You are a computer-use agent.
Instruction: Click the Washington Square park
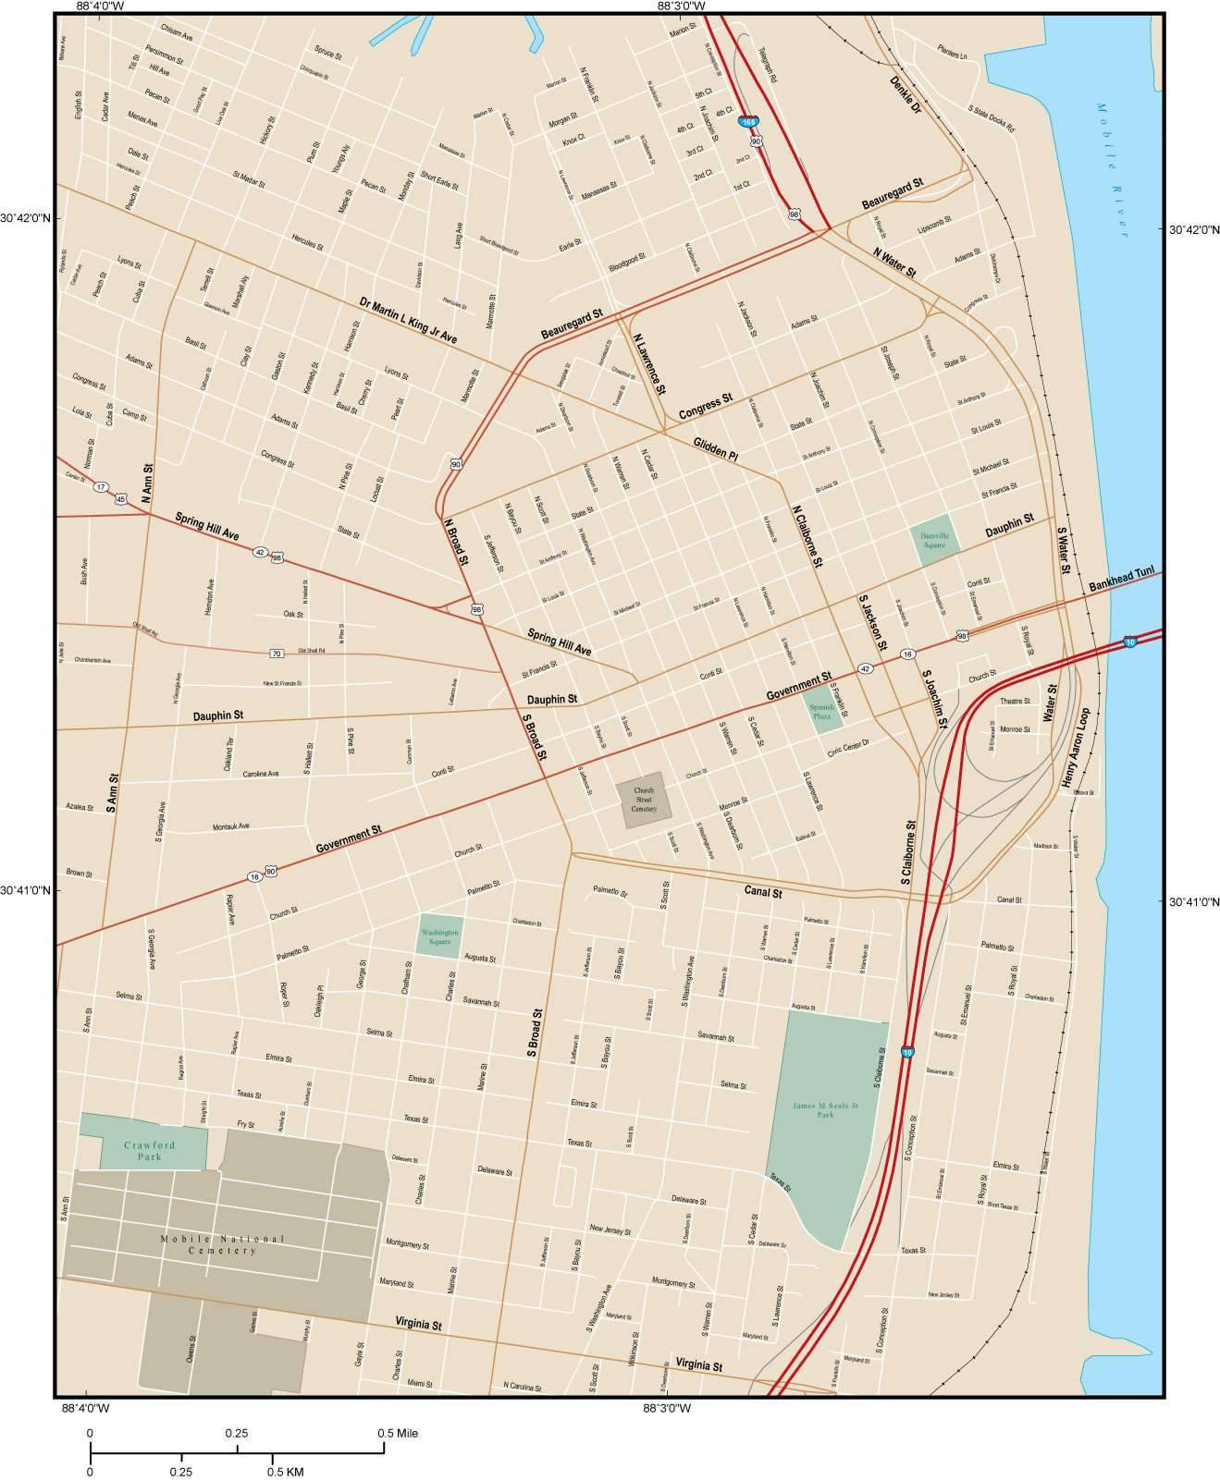point(439,937)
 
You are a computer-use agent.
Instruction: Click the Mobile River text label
point(1113,170)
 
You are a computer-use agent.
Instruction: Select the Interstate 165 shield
point(747,122)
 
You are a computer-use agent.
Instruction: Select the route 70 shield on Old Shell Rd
point(276,654)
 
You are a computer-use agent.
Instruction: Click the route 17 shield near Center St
point(101,487)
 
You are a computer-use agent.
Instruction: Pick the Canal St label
point(763,893)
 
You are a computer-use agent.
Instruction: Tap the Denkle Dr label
point(906,94)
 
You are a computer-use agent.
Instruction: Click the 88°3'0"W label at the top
point(681,6)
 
